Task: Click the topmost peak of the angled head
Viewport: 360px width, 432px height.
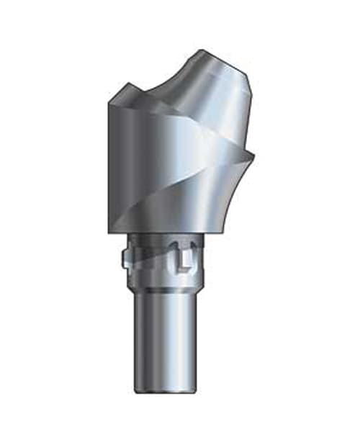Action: pyautogui.click(x=204, y=50)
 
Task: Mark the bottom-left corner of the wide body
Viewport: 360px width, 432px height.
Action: pyautogui.click(x=109, y=232)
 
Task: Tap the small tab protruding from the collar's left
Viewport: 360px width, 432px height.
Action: pyautogui.click(x=124, y=260)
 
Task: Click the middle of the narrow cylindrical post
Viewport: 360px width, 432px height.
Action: pyautogui.click(x=167, y=338)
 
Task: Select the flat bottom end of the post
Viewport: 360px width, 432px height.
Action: pyautogui.click(x=167, y=391)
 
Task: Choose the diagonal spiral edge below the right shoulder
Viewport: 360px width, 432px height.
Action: pyautogui.click(x=216, y=180)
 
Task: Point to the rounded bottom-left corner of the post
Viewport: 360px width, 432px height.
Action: pyautogui.click(x=137, y=389)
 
